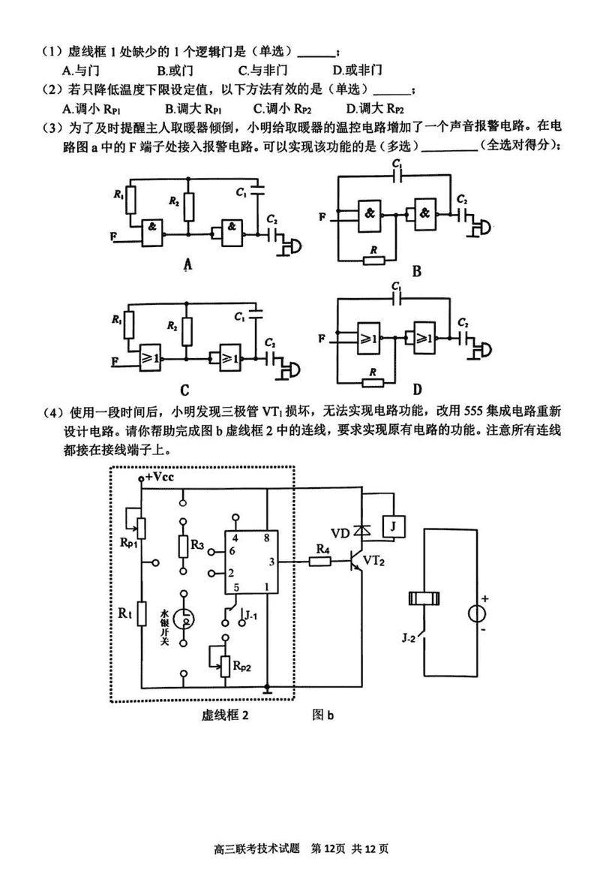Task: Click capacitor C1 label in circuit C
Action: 241,318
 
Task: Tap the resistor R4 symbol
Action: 322,560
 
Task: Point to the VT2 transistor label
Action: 375,560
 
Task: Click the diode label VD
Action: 340,533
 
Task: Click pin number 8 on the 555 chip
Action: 268,538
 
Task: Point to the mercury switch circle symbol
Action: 184,619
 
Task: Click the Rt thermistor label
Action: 125,613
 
